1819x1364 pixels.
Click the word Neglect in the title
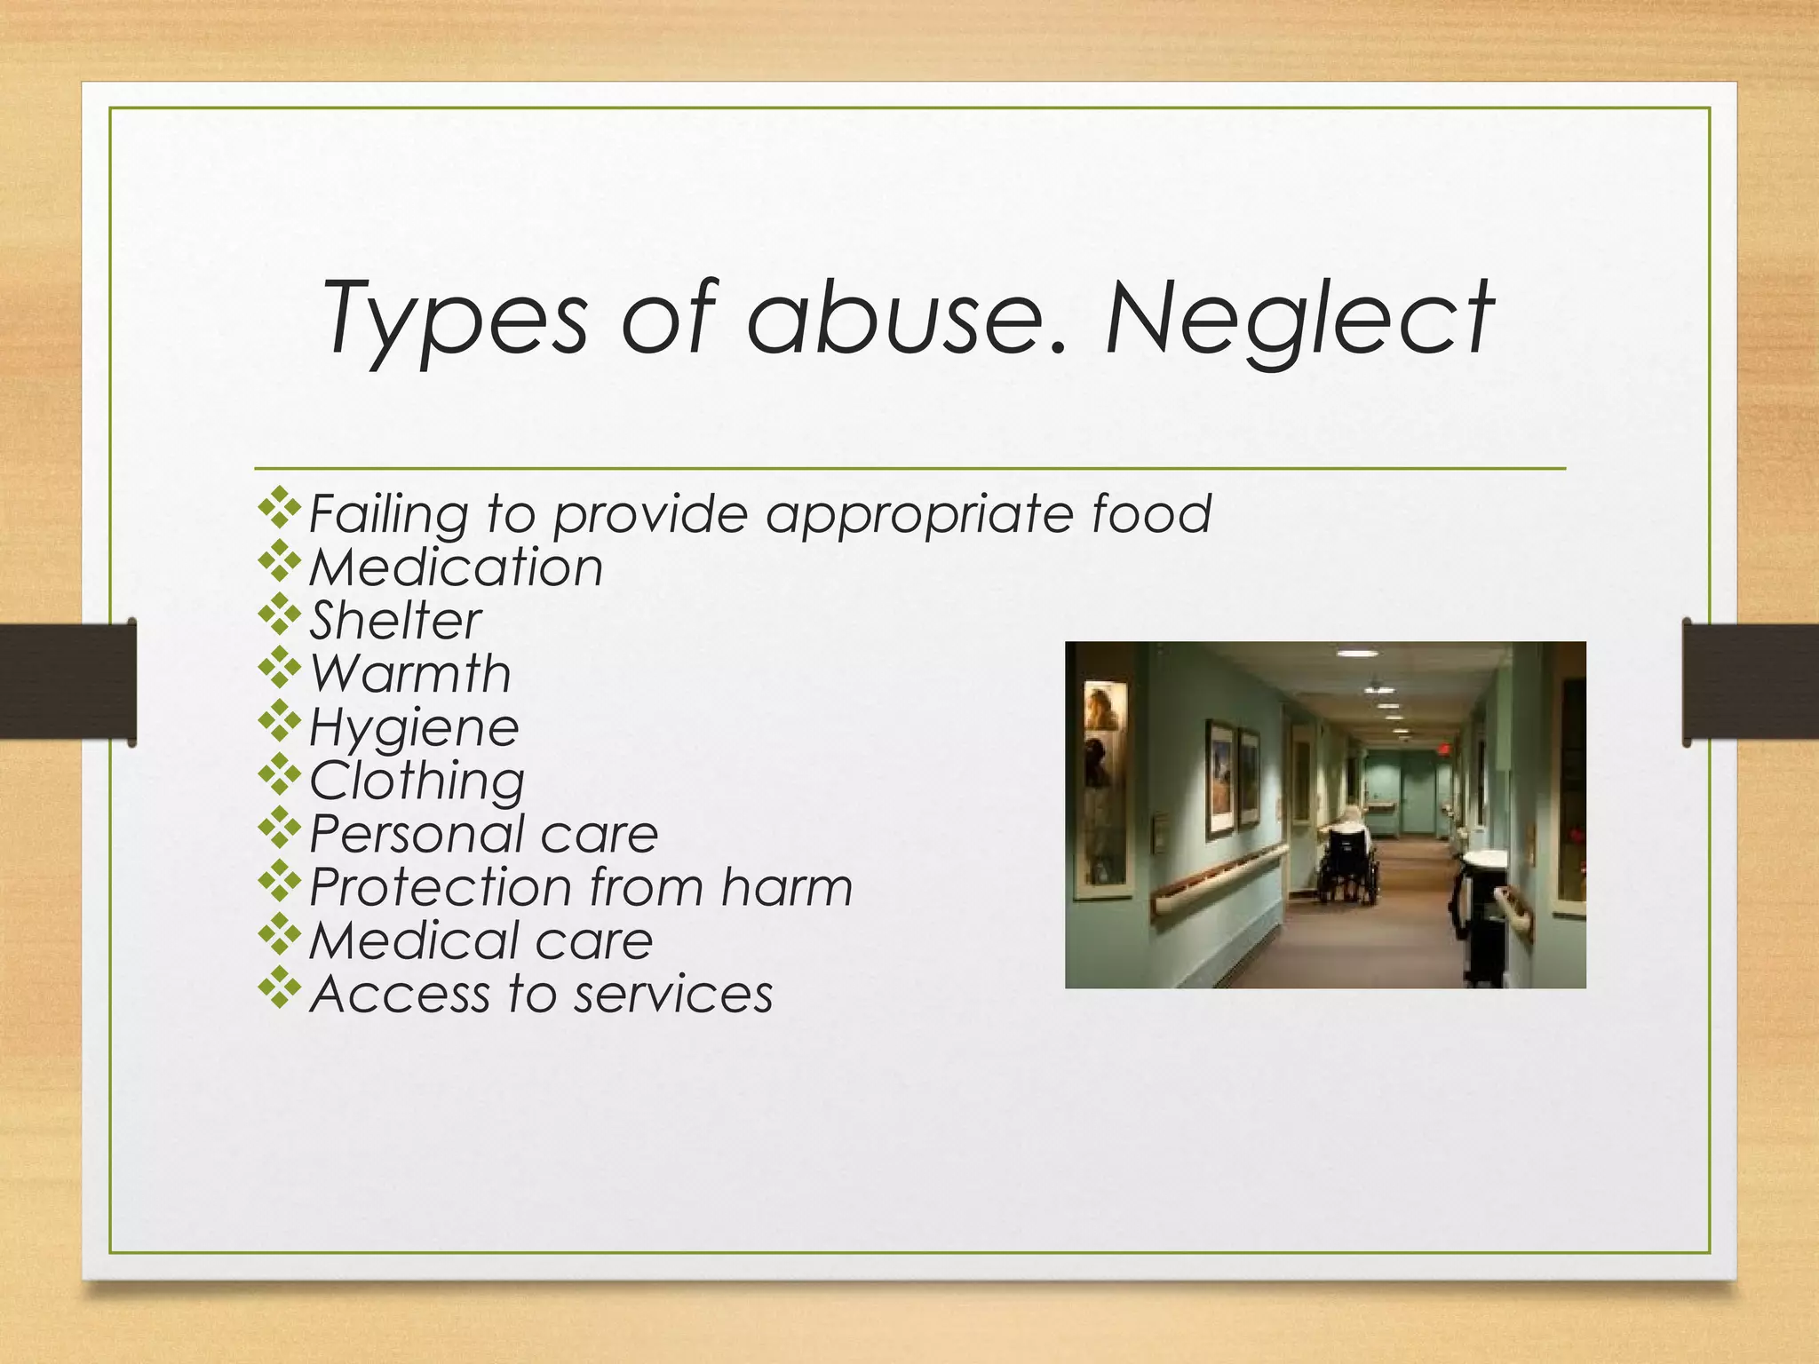[x=1299, y=318]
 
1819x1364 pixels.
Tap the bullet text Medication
[x=456, y=567]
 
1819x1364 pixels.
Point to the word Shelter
[x=395, y=621]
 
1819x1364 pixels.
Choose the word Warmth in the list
[x=410, y=674]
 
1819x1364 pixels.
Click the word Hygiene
[x=414, y=728]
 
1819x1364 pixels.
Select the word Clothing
[x=417, y=781]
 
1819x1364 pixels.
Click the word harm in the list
[x=786, y=887]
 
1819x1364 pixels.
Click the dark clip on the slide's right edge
[x=1750, y=681]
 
